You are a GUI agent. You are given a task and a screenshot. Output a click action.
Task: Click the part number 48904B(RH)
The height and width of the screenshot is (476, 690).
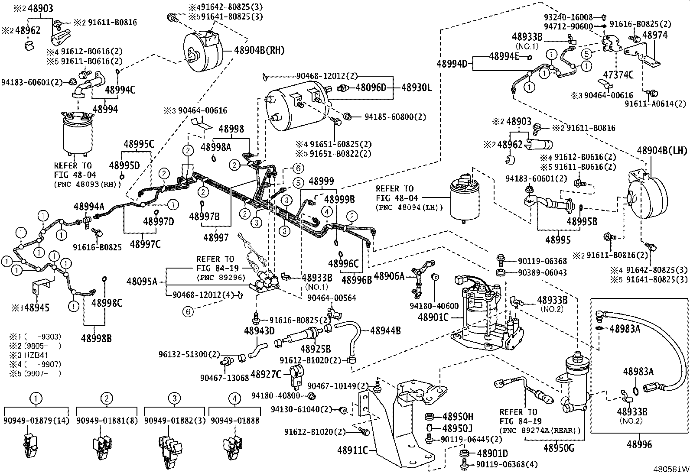[x=259, y=50]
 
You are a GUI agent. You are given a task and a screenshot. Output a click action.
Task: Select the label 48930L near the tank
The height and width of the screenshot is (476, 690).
[x=417, y=87]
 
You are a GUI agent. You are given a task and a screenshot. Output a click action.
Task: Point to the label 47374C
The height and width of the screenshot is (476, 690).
[x=618, y=75]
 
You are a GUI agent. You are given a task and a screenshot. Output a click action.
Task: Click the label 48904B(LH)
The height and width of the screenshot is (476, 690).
[x=662, y=151]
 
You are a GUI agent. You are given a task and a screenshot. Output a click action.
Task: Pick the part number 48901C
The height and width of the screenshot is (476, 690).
[x=433, y=317]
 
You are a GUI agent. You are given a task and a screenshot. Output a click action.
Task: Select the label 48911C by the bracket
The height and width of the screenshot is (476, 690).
[x=352, y=450]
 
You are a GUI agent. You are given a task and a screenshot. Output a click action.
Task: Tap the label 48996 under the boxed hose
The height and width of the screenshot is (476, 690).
[x=639, y=445]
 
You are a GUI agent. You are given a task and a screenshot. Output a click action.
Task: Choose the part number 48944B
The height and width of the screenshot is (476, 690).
[x=385, y=331]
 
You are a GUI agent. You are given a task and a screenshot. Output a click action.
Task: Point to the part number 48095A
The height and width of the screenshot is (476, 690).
[x=142, y=282]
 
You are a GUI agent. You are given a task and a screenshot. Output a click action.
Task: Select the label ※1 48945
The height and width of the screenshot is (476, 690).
[x=30, y=308]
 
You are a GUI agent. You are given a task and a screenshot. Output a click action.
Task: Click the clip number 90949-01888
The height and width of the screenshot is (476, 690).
[x=234, y=420]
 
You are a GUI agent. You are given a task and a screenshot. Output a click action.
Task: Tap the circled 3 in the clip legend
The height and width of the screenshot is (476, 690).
[x=174, y=398]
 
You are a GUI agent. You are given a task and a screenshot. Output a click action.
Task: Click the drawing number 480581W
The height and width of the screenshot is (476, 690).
[x=671, y=469]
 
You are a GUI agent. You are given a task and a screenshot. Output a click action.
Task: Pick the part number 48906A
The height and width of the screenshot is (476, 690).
[x=389, y=275]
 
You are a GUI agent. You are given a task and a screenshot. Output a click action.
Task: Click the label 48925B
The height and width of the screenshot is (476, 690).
[x=316, y=349]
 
